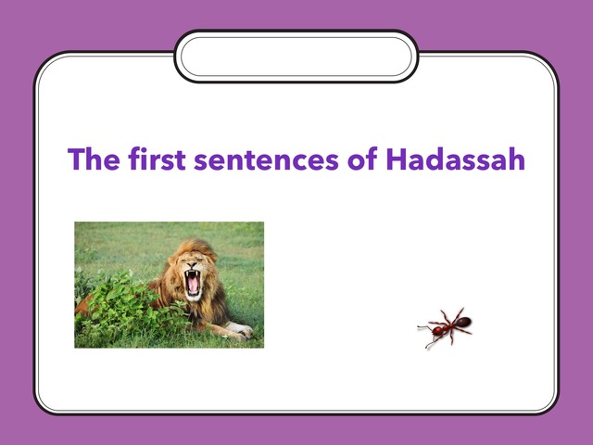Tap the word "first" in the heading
(153, 159)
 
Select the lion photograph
(169, 285)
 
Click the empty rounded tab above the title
(296, 57)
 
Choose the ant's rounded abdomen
(462, 323)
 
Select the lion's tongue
(194, 287)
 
